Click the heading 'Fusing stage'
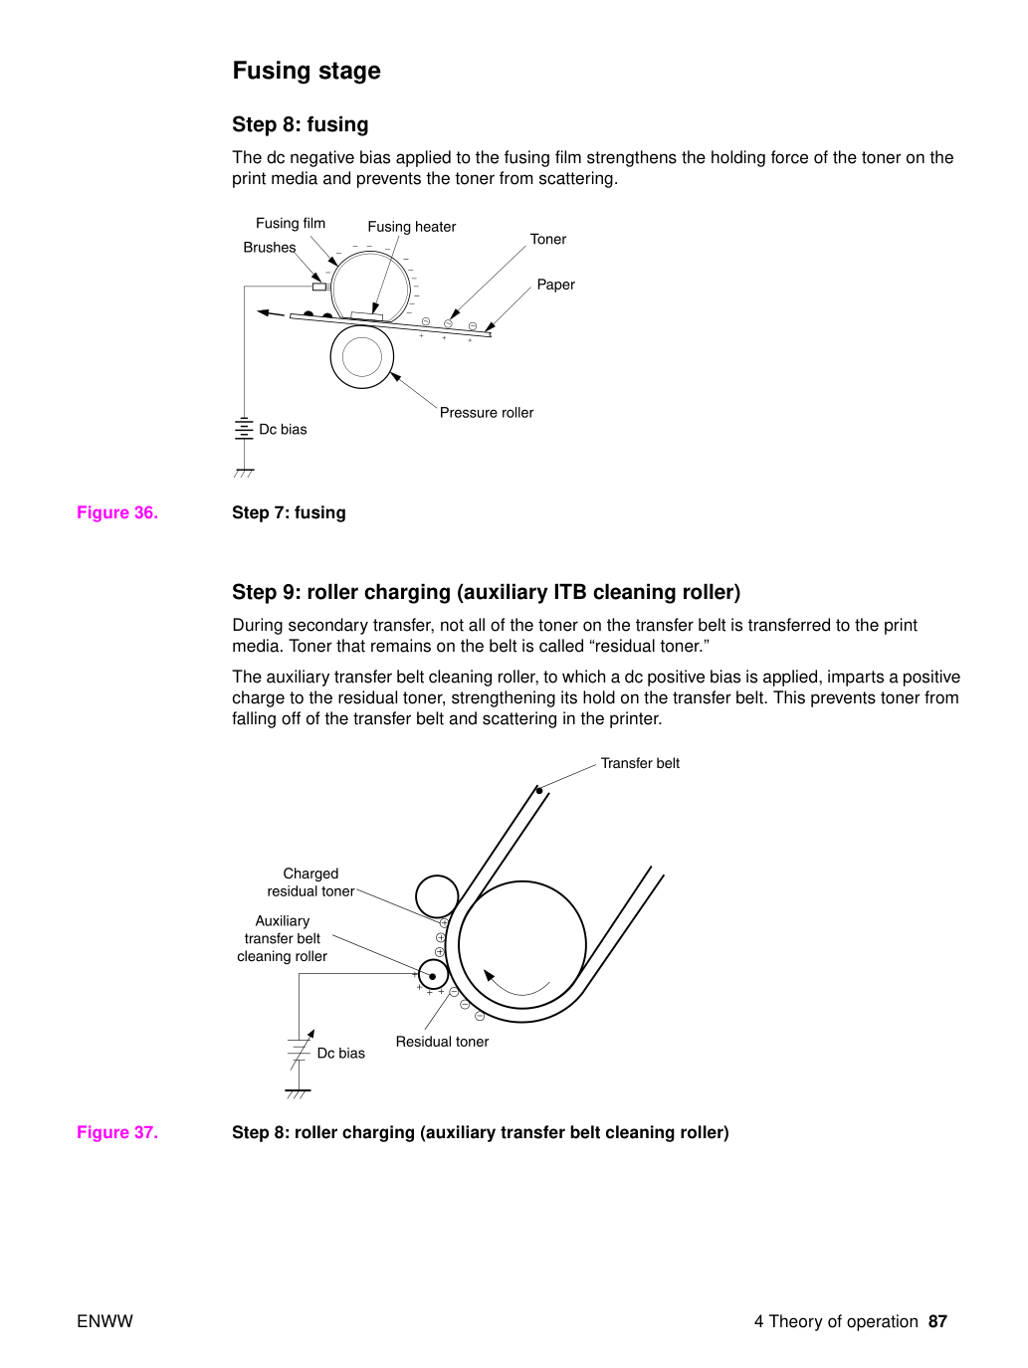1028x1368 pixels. (x=307, y=71)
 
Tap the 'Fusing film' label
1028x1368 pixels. (x=291, y=223)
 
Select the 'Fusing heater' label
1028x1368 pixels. (x=411, y=227)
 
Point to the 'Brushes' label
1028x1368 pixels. (x=270, y=248)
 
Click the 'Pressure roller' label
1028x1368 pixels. (x=487, y=413)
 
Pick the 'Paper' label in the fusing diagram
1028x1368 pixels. (x=555, y=285)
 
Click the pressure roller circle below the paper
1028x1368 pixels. (x=362, y=356)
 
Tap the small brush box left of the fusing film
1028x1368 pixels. (x=319, y=287)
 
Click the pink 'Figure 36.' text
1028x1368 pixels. (x=117, y=512)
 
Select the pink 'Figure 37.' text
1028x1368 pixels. (x=117, y=1132)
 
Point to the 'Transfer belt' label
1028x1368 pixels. (x=640, y=763)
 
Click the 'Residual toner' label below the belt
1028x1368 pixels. (x=442, y=1042)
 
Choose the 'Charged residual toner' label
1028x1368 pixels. (x=310, y=882)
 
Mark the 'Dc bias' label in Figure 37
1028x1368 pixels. (x=341, y=1054)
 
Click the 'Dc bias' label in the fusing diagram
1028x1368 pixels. (x=283, y=430)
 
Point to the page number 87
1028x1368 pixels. (x=937, y=1322)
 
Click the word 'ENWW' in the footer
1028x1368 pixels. (x=104, y=1322)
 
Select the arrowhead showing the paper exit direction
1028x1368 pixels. (x=265, y=311)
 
